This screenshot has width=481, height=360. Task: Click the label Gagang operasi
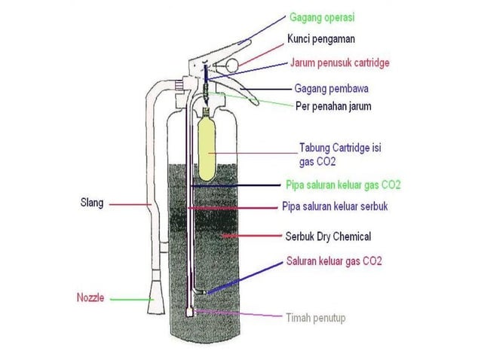tap(322, 17)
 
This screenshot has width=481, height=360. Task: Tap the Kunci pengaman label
tap(321, 39)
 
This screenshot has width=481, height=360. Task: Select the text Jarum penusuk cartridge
tap(340, 63)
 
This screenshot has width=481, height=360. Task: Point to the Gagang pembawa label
tap(331, 89)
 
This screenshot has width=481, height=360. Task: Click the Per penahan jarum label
tap(333, 106)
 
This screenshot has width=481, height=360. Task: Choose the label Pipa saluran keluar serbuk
tap(335, 206)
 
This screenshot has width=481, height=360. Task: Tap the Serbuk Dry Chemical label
tap(328, 236)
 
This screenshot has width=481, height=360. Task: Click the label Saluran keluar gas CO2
tap(334, 261)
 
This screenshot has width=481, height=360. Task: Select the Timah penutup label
tap(316, 318)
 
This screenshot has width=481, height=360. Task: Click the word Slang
tap(92, 203)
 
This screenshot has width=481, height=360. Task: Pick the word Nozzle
tap(90, 297)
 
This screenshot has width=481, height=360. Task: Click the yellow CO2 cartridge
tap(207, 146)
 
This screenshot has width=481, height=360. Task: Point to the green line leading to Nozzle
tap(132, 299)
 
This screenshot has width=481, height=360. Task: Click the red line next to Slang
tap(130, 204)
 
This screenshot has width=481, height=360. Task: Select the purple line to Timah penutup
tap(238, 313)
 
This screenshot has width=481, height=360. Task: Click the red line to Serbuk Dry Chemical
tap(252, 236)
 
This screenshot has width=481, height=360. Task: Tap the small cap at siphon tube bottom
tap(190, 313)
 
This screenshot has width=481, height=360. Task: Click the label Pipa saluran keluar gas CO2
tap(343, 185)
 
